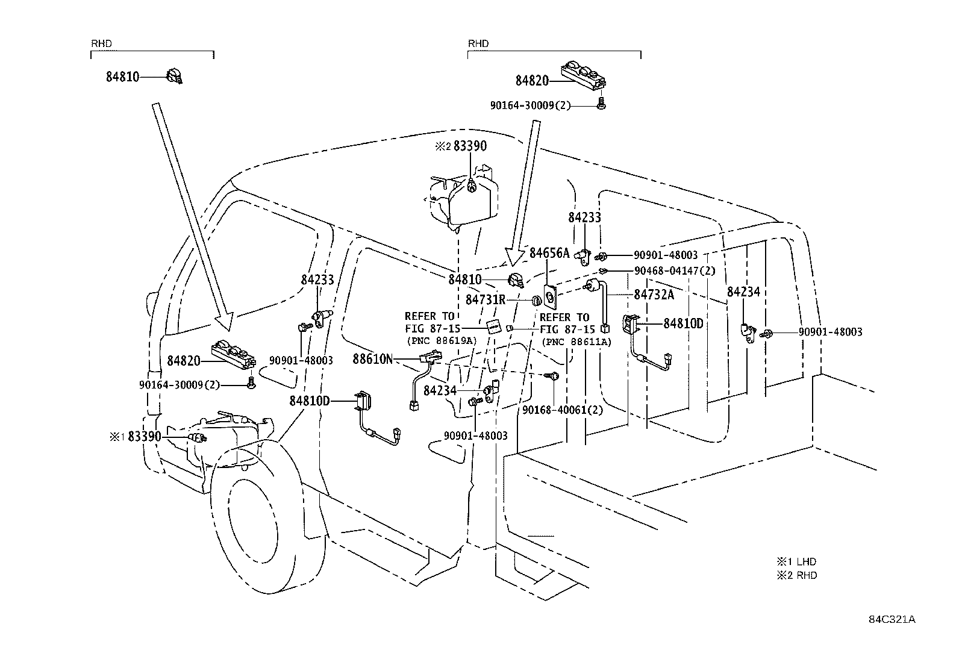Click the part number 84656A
[x=549, y=253]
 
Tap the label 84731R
[x=486, y=299]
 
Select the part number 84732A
[x=654, y=295]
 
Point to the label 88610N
[x=372, y=359]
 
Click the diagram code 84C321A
[x=892, y=619]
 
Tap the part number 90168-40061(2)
[x=563, y=410]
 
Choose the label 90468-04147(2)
[x=675, y=270]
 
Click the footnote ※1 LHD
[x=797, y=561]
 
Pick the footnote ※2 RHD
[x=797, y=575]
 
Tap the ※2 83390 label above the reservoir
[x=461, y=146]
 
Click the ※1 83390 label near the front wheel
[x=136, y=436]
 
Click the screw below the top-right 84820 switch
[x=601, y=103]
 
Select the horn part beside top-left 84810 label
[x=174, y=77]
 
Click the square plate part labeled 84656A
[x=550, y=296]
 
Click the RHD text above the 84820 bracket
[x=478, y=44]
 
